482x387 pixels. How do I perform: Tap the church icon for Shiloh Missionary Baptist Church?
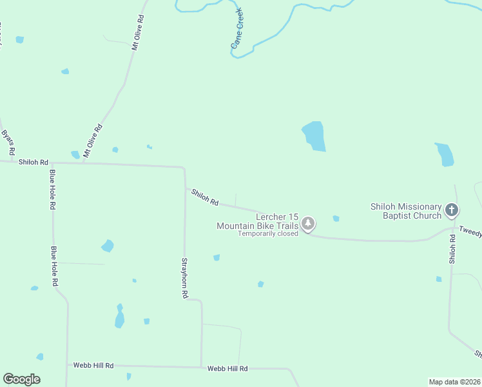coord(452,210)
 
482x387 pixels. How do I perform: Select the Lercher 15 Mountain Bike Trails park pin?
coord(309,224)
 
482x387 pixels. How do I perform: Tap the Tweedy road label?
coord(470,232)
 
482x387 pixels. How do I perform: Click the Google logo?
coord(21,379)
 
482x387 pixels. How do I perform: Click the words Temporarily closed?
coord(268,233)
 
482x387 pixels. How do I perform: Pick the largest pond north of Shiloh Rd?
coord(314,136)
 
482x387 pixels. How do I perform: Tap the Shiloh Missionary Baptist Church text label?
coord(405,210)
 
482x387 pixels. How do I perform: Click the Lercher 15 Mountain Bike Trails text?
coord(258,221)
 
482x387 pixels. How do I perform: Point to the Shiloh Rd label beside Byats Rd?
coord(34,162)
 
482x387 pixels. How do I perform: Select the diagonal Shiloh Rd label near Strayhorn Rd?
coord(205,197)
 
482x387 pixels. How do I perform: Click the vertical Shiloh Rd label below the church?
coord(452,248)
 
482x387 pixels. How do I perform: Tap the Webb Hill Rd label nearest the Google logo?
coord(93,366)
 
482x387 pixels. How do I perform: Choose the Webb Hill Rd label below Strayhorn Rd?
coord(227,369)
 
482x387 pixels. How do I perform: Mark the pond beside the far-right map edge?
coord(444,155)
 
